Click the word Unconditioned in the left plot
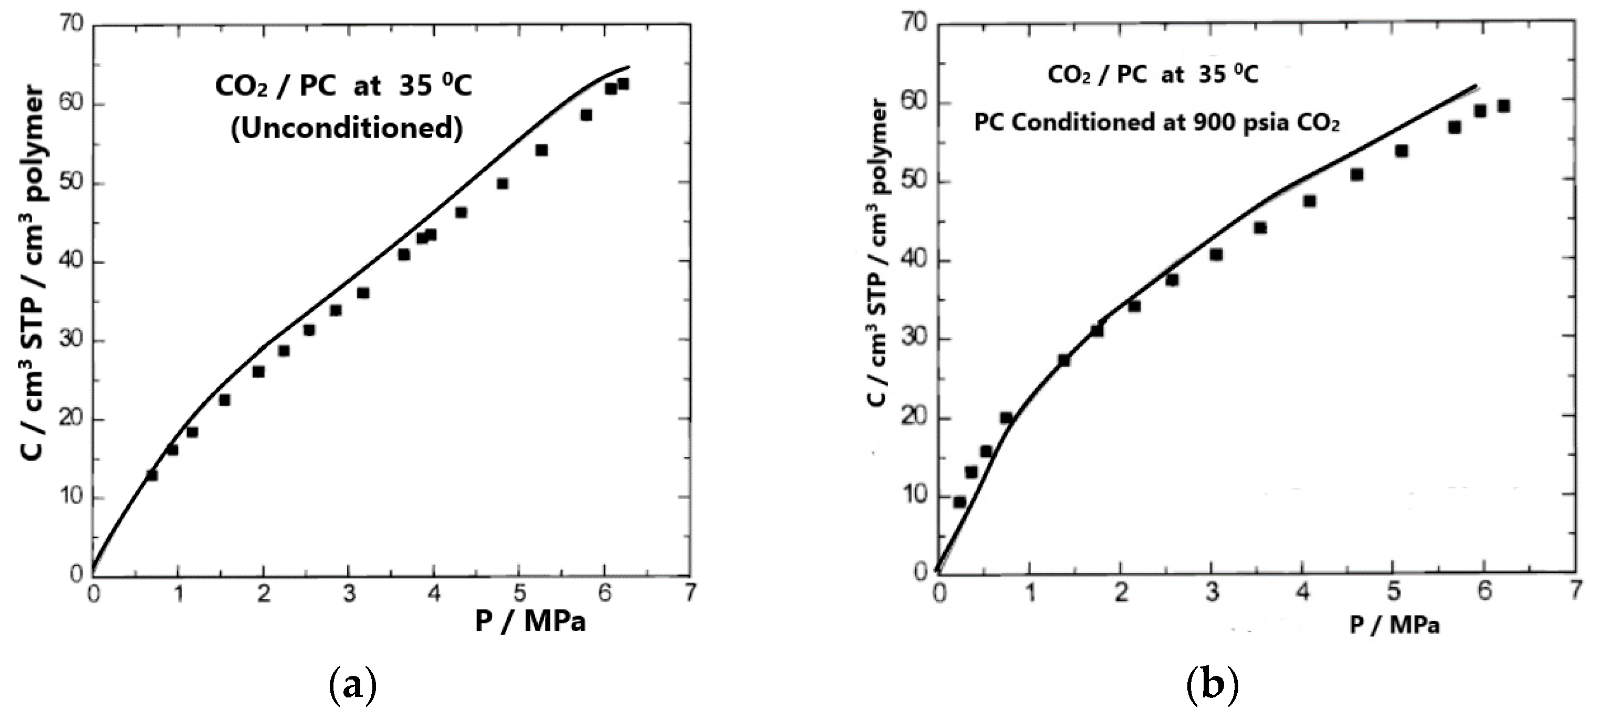pos(347,128)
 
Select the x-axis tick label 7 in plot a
pos(689,592)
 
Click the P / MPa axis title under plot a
pos(530,622)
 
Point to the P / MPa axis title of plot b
pos(1394,625)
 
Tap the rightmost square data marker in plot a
pos(623,84)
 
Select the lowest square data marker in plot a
pos(152,475)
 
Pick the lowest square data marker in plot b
pos(960,502)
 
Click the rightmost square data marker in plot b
pos(1503,106)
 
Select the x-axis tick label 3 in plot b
pos(1212,591)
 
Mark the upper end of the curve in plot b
pos(1476,86)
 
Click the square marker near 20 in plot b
pos(1006,418)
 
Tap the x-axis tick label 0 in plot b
pos(940,591)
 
